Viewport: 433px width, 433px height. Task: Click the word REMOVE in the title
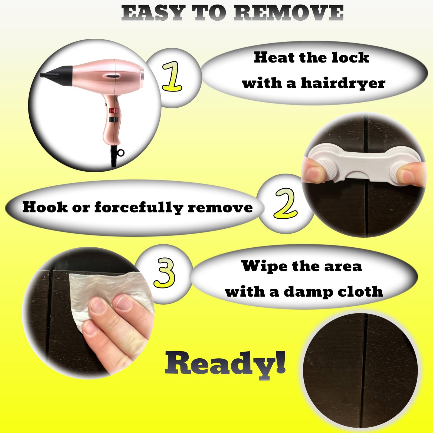tap(288, 13)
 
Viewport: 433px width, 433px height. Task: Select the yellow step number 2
tap(286, 203)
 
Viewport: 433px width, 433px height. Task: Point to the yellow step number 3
tap(164, 273)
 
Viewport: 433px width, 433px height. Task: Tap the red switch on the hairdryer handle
tap(114, 110)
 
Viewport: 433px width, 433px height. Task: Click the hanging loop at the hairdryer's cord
tap(121, 153)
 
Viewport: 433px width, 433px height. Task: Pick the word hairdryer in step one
tap(343, 83)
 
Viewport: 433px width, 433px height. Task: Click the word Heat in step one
tap(274, 57)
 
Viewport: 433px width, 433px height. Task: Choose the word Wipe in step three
tap(264, 266)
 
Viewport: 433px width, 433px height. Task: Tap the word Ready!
tap(225, 363)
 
